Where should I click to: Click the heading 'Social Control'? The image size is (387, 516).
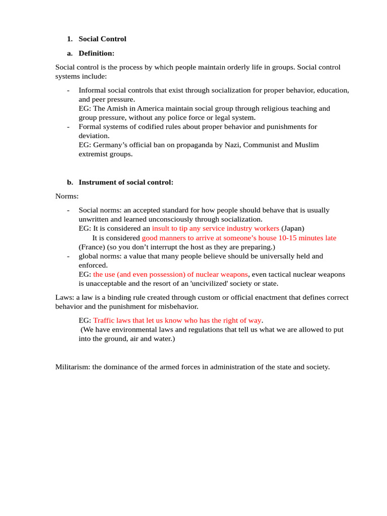(102, 39)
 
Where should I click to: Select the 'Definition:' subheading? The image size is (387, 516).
(96, 53)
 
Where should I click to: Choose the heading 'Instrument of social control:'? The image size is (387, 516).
(125, 182)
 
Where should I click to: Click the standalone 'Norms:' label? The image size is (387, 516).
(67, 196)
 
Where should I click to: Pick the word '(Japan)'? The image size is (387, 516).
(293, 228)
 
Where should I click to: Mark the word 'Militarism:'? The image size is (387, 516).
(73, 367)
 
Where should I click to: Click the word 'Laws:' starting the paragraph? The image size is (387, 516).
(64, 297)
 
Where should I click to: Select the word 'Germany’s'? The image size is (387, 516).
(111, 145)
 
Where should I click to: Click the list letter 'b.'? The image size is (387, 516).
(70, 182)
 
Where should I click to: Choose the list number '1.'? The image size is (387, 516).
(70, 39)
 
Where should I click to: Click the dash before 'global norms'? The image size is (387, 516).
(68, 256)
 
